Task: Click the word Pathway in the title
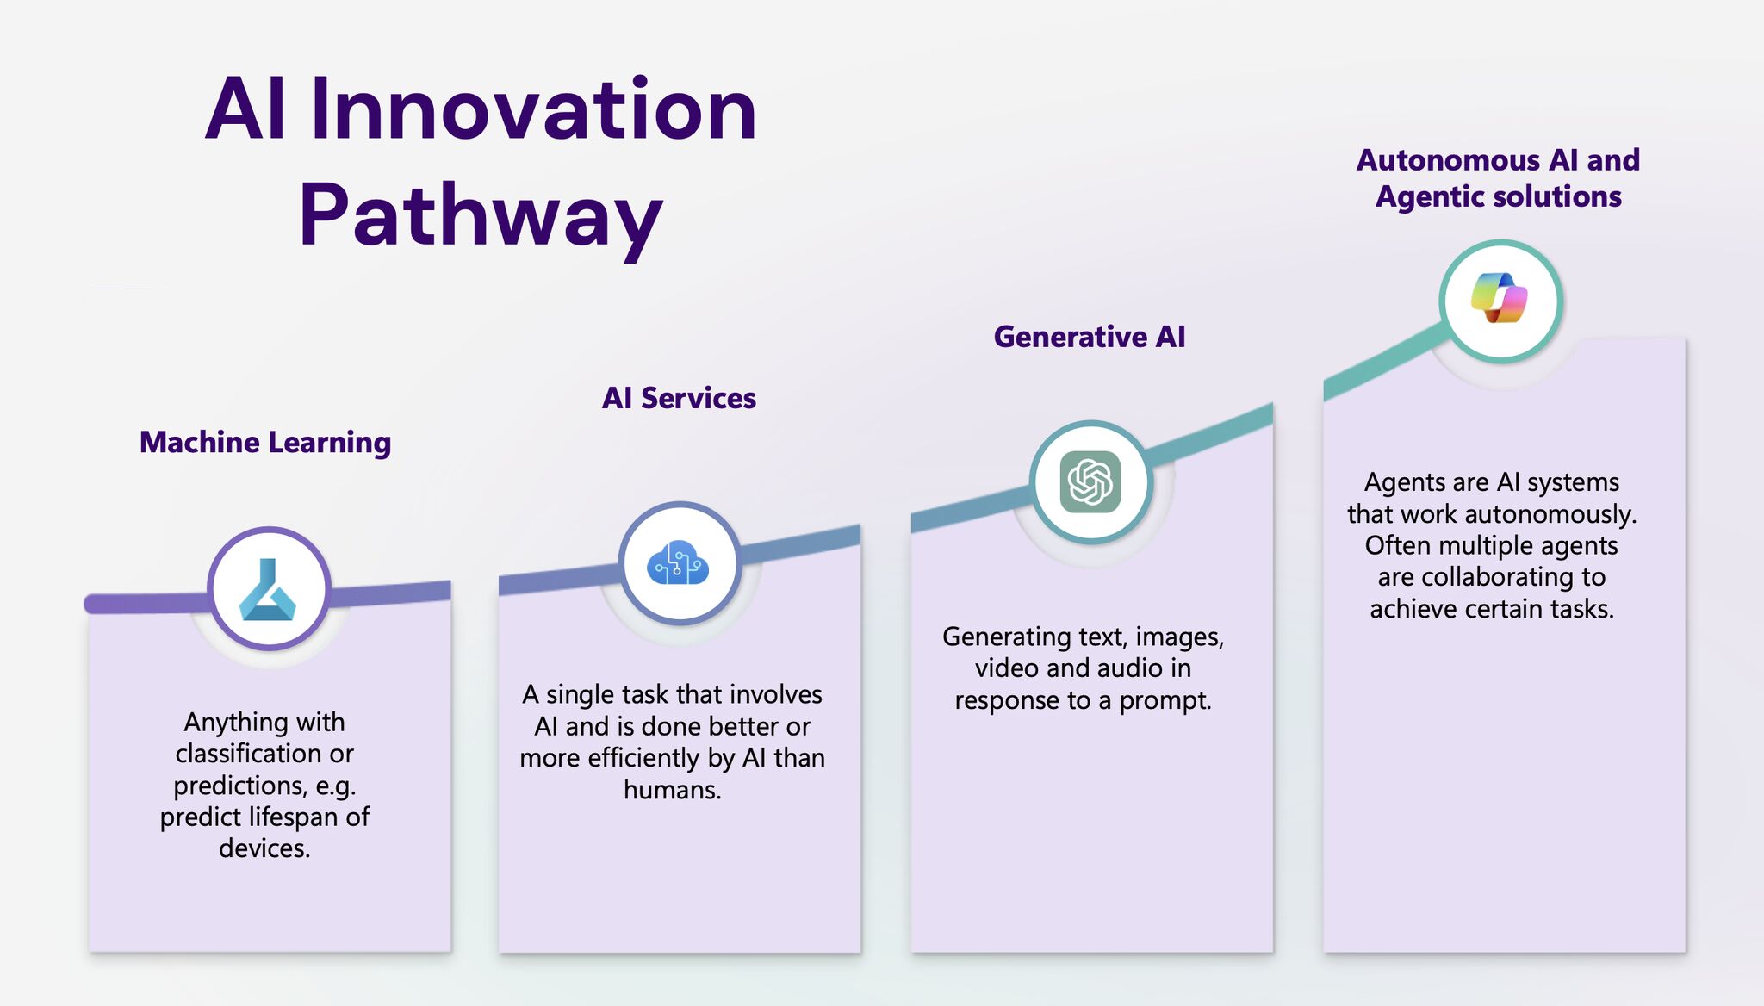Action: tap(481, 215)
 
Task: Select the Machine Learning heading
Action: tap(265, 442)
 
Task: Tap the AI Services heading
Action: tap(679, 398)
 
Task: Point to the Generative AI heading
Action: tap(1090, 337)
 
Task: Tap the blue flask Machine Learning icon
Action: tap(268, 590)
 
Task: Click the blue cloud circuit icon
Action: tap(679, 564)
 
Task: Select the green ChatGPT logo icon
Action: tap(1090, 482)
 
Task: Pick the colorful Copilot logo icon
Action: tap(1500, 299)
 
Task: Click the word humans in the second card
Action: tap(671, 790)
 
